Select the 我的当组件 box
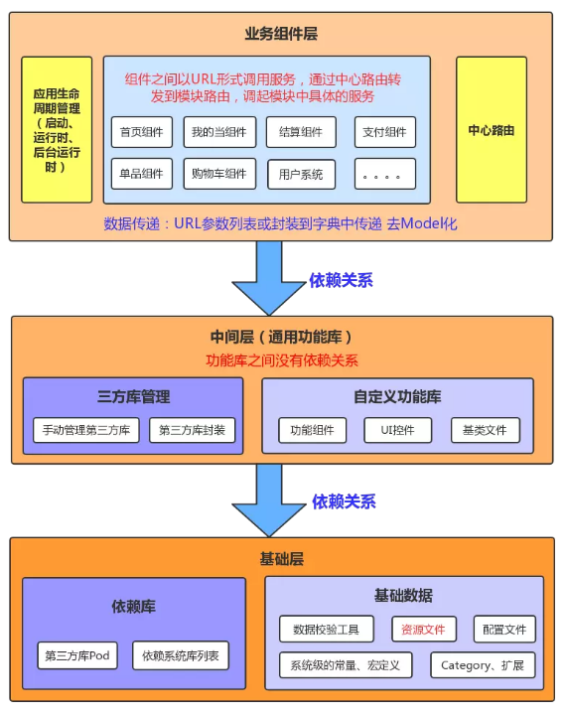pos(219,132)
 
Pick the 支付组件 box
pos(384,132)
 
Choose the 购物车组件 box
pos(219,174)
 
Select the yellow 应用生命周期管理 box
pos(57,130)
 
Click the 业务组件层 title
pos(281,33)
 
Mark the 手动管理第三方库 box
pos(86,431)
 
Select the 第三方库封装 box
pos(193,431)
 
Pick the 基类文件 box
pos(485,431)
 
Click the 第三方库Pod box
pos(76,655)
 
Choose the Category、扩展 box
pos(483,664)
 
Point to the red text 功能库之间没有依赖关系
pos(281,360)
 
